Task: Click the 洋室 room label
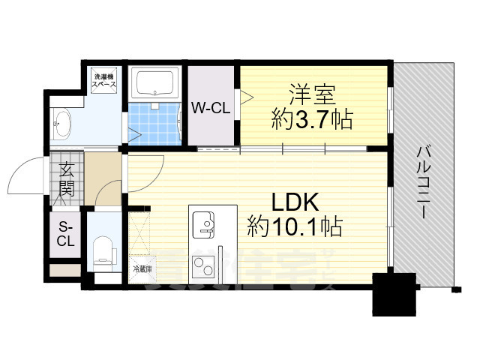point(314,97)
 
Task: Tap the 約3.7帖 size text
point(313,119)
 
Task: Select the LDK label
point(295,202)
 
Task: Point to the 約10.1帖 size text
point(295,224)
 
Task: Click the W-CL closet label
point(210,108)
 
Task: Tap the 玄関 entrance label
point(66,181)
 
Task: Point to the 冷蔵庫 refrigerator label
point(142,268)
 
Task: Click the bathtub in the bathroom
point(154,83)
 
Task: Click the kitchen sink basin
point(204,223)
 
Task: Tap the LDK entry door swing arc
point(147,171)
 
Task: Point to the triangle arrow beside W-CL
point(246,95)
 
